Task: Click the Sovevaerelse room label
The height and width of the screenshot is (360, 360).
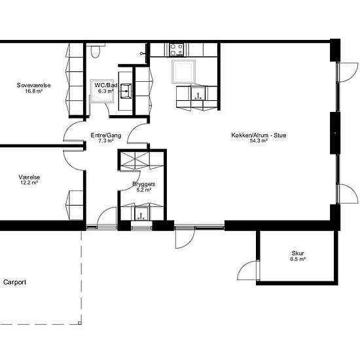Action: pos(33,85)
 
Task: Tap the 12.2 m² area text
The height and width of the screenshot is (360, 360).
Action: pos(29,183)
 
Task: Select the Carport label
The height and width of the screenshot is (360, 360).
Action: pos(14,282)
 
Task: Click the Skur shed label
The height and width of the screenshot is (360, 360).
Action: pos(298,253)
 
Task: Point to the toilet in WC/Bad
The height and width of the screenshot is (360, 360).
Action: pos(95,51)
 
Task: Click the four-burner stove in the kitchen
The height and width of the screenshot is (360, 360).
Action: pos(176,50)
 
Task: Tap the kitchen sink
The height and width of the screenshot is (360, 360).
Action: pos(198,93)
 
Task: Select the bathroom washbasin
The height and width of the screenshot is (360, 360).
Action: pos(126,91)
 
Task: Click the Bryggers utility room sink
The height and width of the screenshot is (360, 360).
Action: pos(141,213)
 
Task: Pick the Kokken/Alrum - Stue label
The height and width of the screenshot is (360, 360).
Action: pos(259,135)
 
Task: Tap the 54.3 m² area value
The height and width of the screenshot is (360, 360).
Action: pos(259,141)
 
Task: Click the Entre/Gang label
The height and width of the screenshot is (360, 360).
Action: pos(106,135)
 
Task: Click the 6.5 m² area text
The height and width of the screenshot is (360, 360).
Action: pos(298,259)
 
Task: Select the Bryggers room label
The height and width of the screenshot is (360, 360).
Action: pos(144,184)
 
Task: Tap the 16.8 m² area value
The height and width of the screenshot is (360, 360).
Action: pos(33,91)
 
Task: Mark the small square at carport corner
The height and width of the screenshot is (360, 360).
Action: pos(80,323)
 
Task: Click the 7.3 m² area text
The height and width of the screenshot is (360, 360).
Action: pos(106,141)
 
